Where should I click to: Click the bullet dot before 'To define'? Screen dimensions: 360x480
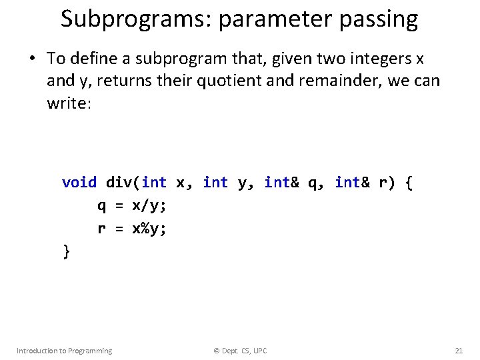tap(31, 59)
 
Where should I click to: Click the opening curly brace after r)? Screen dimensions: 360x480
tap(408, 182)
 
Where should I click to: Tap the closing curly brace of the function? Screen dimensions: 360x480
tap(65, 251)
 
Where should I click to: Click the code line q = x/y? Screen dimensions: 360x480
tap(131, 205)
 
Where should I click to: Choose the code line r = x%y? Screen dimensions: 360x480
tap(131, 229)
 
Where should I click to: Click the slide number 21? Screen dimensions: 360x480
tap(458, 351)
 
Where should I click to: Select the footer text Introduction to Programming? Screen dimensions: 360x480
tap(64, 351)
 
